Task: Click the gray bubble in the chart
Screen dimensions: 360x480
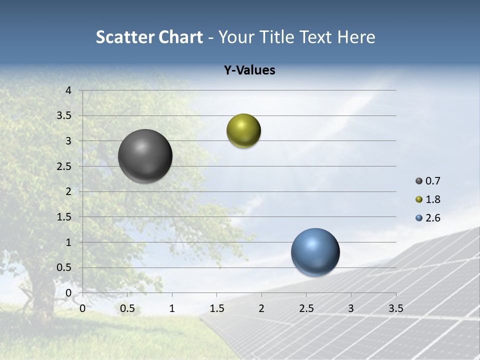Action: tap(145, 156)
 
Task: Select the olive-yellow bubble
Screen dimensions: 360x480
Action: tap(243, 131)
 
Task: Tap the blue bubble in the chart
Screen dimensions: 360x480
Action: tap(315, 252)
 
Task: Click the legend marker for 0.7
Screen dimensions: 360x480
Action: tap(419, 181)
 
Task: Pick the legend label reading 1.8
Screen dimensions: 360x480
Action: tap(432, 199)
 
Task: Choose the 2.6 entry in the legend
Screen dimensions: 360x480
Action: tap(432, 218)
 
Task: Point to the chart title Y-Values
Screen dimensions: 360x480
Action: tap(249, 70)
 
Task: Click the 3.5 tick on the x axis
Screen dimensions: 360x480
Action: tap(395, 308)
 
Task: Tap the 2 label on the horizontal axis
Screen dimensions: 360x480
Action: tap(261, 308)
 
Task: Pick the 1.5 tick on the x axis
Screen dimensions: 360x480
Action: tap(216, 308)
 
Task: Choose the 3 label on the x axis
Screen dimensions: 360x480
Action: tap(351, 308)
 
